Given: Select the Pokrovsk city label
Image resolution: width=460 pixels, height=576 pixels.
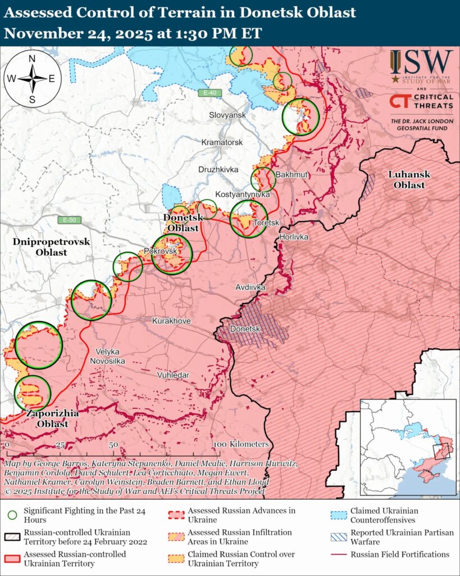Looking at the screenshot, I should tap(161, 251).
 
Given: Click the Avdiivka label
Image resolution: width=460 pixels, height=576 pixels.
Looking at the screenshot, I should tap(250, 287).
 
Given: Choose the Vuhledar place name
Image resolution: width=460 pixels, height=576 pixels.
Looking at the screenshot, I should tap(174, 375).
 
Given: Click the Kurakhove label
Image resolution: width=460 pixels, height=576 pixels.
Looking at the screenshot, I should tap(171, 321).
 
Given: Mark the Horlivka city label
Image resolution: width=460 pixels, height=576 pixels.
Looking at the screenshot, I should tap(294, 237).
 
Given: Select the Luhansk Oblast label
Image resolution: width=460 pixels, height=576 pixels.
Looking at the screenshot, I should tap(409, 179).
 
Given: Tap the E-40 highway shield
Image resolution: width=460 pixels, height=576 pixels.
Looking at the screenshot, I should tap(210, 92).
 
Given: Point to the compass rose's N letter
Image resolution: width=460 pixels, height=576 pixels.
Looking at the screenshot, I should tap(32, 59).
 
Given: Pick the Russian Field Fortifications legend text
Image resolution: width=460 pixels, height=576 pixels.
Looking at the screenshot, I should tap(400, 554).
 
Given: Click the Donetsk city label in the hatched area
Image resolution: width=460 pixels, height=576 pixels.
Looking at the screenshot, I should tap(244, 328).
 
